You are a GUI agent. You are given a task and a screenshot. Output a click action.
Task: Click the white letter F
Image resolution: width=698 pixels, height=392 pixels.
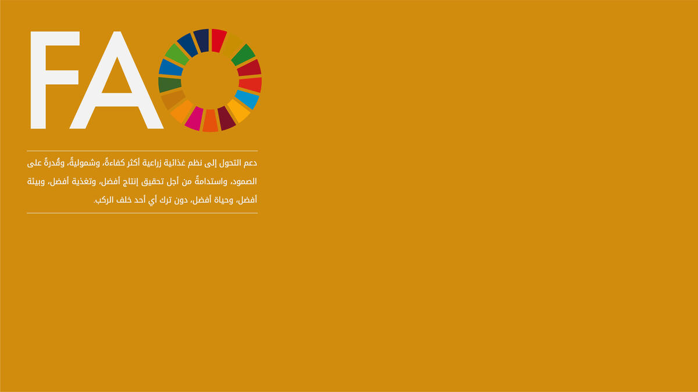pos(39,80)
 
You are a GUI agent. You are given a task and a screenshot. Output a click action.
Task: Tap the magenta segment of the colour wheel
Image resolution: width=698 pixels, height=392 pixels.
pos(194,118)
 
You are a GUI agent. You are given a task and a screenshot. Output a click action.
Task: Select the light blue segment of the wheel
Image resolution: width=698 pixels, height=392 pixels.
pos(247,99)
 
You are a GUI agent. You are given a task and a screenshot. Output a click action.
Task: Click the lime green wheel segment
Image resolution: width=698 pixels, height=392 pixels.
pos(177,55)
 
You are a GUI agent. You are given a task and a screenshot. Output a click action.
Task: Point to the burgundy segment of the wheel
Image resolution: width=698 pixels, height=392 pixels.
pos(226,118)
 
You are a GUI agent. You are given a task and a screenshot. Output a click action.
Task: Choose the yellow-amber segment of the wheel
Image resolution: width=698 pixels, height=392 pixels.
pos(239,111)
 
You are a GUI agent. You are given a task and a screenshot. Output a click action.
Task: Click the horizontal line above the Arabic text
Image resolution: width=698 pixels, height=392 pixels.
pos(142,151)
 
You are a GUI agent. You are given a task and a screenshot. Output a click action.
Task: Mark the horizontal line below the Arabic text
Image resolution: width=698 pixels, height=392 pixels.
pos(142,213)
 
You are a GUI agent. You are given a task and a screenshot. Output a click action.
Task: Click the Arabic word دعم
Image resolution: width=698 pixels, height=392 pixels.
pos(250,163)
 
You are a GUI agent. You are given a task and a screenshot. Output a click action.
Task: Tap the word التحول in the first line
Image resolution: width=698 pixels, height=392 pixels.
pos(230,163)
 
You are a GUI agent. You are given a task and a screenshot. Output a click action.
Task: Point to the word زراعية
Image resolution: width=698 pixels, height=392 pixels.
pos(152,163)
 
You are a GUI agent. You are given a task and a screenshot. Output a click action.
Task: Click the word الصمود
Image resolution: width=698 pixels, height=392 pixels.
pos(245,181)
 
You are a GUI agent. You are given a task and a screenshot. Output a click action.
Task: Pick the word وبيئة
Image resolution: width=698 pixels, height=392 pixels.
pos(36,182)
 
